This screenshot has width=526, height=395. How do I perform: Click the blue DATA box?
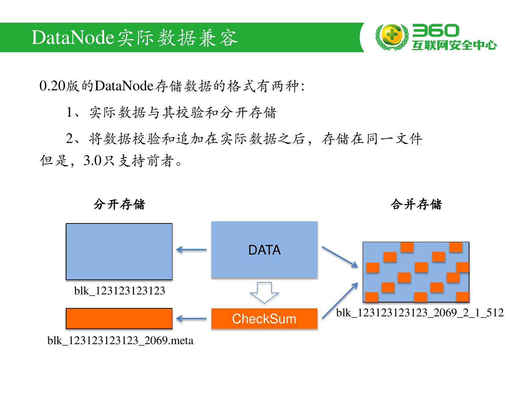[x=264, y=250]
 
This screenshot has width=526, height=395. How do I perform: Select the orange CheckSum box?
[x=264, y=319]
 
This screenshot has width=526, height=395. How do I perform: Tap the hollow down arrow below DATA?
[x=264, y=293]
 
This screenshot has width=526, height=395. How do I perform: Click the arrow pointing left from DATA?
[x=191, y=250]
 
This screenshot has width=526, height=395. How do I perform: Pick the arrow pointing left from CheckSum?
[x=191, y=319]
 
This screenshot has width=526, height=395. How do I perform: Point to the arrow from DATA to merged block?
[x=340, y=257]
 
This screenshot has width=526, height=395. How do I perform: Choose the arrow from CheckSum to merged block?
[x=340, y=301]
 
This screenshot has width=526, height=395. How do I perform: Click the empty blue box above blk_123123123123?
[x=119, y=252]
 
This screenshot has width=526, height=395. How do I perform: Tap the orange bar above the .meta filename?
[x=119, y=319]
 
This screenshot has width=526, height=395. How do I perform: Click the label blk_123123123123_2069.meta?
[x=120, y=341]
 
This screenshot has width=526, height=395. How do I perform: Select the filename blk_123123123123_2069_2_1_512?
[x=420, y=313]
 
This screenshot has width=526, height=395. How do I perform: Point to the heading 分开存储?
[x=119, y=204]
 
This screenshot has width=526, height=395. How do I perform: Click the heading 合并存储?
[x=416, y=204]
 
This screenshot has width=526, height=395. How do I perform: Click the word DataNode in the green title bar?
[x=73, y=37]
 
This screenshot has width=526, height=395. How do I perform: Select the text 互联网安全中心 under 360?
[x=454, y=45]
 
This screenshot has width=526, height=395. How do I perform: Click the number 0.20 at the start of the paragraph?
[x=52, y=86]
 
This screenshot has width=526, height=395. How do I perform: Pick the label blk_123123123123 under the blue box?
[x=119, y=291]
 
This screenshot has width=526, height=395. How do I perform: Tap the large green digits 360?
[x=435, y=31]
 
